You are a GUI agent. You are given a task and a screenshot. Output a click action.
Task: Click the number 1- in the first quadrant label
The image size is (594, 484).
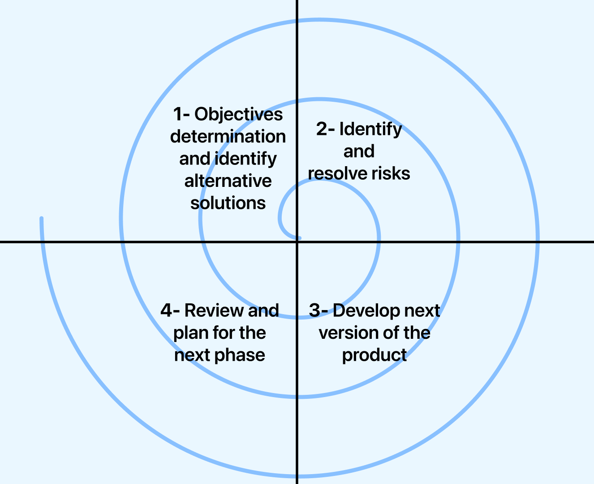[x=181, y=114]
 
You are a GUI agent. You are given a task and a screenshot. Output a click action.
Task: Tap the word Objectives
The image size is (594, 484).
[x=238, y=115]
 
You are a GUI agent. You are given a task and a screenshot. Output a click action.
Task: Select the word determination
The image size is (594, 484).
[x=228, y=137]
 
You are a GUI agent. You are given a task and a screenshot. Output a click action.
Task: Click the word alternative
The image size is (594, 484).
[x=228, y=181]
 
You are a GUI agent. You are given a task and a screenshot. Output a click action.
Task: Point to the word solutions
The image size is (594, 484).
[x=228, y=203]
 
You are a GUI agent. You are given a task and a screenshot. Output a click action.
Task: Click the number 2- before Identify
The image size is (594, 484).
[x=325, y=129]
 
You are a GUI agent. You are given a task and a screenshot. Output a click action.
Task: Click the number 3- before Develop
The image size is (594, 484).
[x=319, y=311]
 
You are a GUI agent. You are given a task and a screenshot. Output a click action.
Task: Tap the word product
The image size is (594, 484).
[x=374, y=355]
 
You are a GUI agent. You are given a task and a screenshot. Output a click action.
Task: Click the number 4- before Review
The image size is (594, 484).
[x=170, y=311]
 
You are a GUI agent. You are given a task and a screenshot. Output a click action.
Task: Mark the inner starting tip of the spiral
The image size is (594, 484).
[x=299, y=238]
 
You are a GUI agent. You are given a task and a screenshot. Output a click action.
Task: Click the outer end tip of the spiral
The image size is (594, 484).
[x=42, y=219]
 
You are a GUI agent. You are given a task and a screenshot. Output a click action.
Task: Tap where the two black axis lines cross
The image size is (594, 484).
[x=297, y=242]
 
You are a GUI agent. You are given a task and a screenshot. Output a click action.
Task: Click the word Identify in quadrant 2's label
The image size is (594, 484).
[x=370, y=129]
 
